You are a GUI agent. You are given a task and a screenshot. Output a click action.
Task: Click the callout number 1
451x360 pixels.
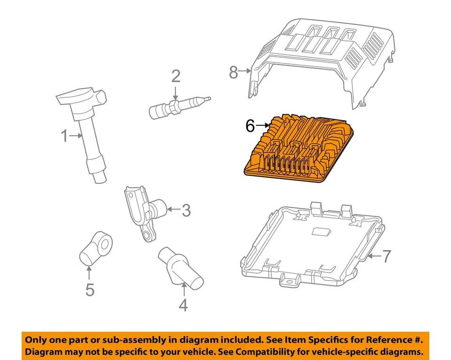(64, 136)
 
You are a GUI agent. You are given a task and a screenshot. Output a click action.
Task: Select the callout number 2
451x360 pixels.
(175, 76)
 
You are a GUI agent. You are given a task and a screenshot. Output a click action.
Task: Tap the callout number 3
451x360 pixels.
(186, 211)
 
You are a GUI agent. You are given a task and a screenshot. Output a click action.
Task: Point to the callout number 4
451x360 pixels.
(183, 305)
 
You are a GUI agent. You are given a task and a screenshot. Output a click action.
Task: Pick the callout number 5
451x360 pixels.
(90, 290)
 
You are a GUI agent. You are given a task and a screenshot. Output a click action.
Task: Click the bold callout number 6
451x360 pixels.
(250, 125)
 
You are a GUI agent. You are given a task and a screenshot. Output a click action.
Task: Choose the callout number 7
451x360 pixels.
(386, 256)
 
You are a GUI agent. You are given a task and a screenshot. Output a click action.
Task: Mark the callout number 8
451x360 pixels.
(233, 72)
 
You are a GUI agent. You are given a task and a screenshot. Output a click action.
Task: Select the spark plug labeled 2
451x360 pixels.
(179, 106)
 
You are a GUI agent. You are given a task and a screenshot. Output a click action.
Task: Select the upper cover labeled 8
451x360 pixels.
(324, 61)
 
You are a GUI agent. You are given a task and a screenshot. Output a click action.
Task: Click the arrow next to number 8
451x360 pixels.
(246, 72)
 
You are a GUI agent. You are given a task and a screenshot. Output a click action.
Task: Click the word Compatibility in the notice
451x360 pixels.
(270, 352)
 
